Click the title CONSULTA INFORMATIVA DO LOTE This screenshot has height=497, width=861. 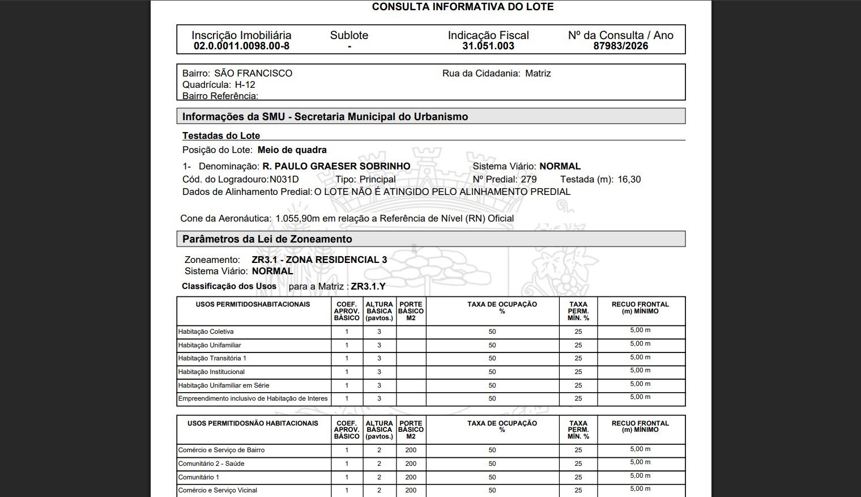(462, 7)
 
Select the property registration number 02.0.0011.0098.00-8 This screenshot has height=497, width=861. (241, 46)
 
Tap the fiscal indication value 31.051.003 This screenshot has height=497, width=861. (488, 46)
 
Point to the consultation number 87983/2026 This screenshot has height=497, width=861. (620, 46)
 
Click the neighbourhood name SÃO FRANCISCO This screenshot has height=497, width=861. (253, 73)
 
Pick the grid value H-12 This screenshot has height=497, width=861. (245, 84)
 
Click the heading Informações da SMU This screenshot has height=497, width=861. (325, 117)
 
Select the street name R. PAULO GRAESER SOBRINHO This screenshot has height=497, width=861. (336, 166)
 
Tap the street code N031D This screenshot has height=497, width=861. (284, 179)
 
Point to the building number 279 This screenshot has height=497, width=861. (528, 179)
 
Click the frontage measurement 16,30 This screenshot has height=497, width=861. (629, 179)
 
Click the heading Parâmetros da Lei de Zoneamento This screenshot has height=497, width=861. (267, 239)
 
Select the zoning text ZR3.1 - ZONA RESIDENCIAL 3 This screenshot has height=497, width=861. (319, 260)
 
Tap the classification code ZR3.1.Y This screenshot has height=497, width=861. (368, 286)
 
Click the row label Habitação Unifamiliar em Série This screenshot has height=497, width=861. (224, 385)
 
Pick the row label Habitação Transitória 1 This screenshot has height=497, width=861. (212, 358)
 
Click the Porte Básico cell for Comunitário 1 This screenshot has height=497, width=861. (411, 477)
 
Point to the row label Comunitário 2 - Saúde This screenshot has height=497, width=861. (211, 464)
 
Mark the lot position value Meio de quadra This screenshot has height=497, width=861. (292, 150)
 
